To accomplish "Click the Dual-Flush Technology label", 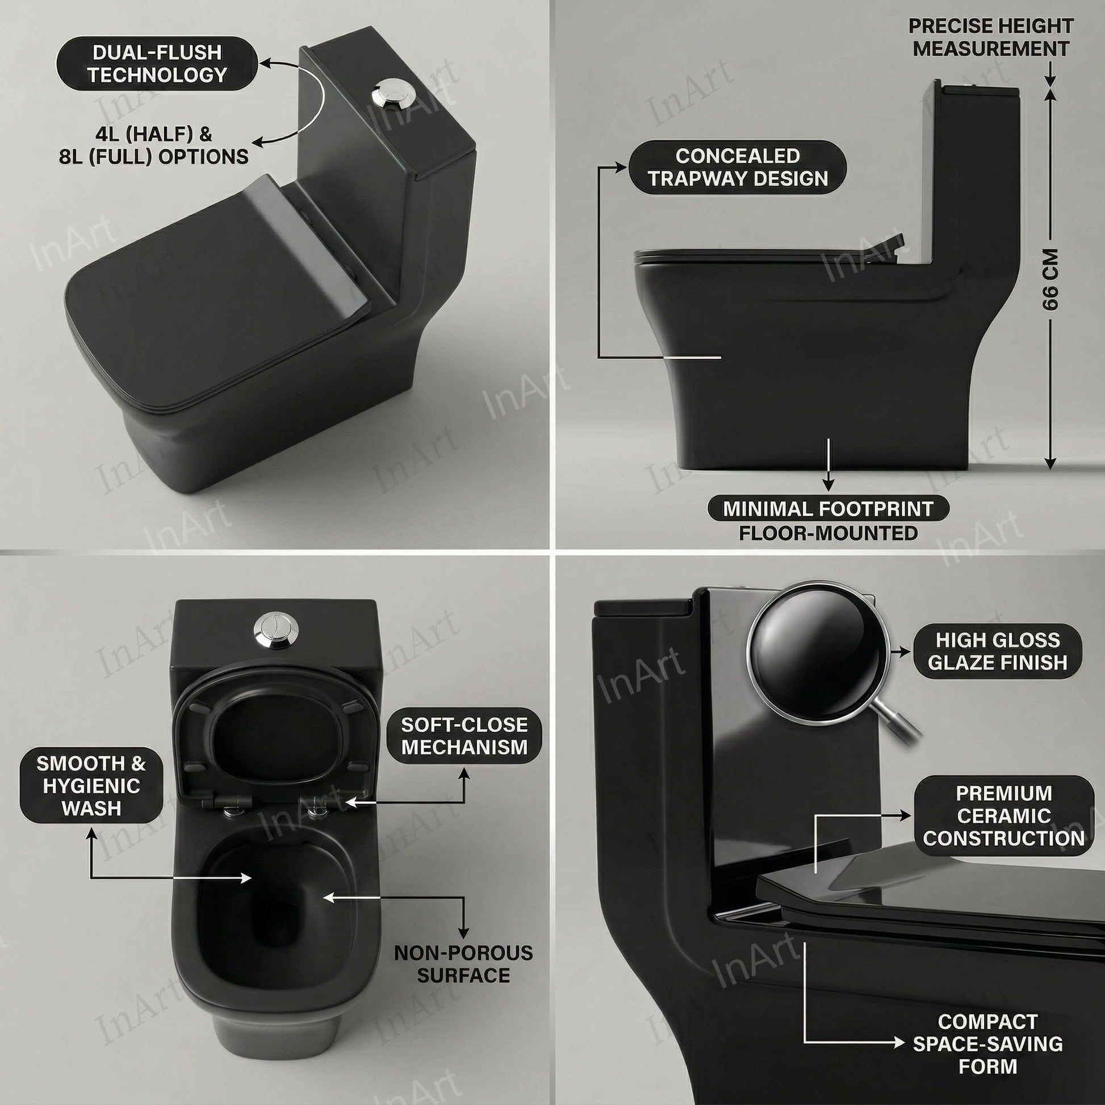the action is pyautogui.click(x=157, y=64).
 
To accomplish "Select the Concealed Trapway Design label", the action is pyautogui.click(x=737, y=168).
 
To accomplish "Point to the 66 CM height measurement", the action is pyautogui.click(x=1050, y=279).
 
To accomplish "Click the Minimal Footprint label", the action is pyautogui.click(x=828, y=508).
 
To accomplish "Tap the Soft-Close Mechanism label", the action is pyautogui.click(x=464, y=735).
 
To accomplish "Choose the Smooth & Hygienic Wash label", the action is pyautogui.click(x=91, y=785).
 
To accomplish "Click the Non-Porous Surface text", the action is pyautogui.click(x=463, y=964).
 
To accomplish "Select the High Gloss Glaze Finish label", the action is pyautogui.click(x=998, y=651).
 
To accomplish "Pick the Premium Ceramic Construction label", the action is pyautogui.click(x=1004, y=815).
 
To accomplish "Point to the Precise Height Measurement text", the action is pyautogui.click(x=991, y=37).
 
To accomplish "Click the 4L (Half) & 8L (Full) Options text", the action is pyautogui.click(x=154, y=145).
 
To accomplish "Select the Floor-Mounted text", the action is pyautogui.click(x=828, y=533).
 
